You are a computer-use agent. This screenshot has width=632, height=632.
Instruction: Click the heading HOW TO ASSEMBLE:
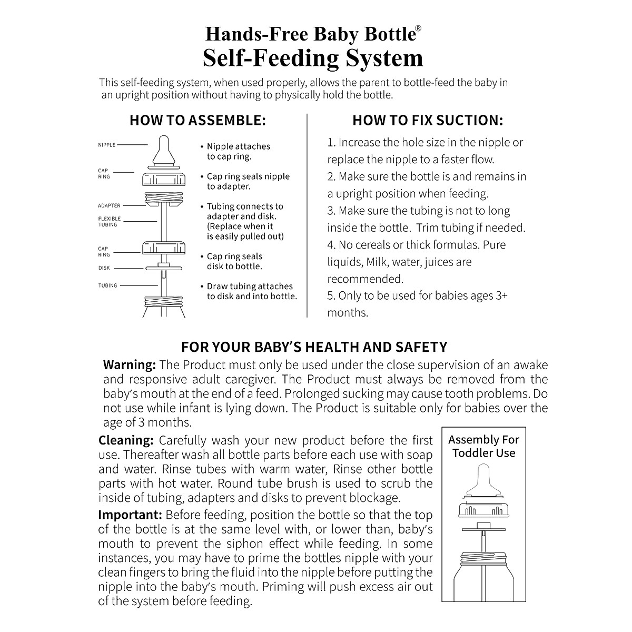pos(197,121)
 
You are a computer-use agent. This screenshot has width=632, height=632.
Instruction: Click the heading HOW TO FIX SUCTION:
pos(428,121)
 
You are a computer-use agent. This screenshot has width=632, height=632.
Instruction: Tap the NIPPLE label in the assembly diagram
pos(107,145)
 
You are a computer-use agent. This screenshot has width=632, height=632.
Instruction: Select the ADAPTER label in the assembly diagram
pos(109,206)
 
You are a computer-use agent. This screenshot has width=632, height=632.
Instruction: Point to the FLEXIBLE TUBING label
pos(109,222)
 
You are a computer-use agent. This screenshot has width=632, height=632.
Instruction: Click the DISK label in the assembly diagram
pos(104,268)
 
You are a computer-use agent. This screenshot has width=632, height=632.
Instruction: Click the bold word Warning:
pos(130,365)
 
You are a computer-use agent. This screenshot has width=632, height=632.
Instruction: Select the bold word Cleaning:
pos(126,440)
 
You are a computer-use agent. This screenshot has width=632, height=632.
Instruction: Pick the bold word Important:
pos(130,515)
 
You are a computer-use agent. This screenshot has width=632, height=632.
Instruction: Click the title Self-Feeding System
pos(313,57)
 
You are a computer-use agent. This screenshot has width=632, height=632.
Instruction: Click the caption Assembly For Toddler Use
pos(483,446)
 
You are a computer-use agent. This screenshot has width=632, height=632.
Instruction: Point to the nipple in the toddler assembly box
pos(483,479)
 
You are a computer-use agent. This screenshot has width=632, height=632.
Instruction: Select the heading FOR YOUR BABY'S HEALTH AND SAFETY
pos(314,347)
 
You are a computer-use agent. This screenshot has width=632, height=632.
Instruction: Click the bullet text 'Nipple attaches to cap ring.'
pos(238,152)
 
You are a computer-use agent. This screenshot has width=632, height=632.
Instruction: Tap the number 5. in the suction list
pos(331,296)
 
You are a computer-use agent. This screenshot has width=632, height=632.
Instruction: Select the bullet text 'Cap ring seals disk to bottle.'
pos(234,262)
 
